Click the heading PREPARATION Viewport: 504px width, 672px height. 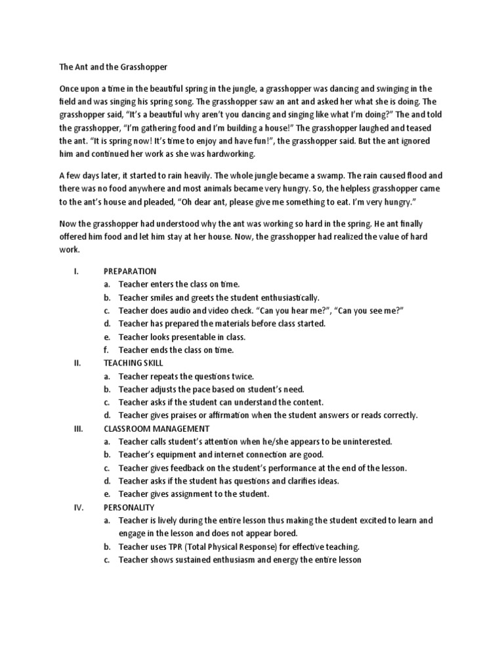pos(130,271)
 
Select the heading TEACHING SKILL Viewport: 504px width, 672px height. pos(134,363)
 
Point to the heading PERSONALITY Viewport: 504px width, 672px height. pos(129,507)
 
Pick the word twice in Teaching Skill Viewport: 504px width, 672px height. pos(241,376)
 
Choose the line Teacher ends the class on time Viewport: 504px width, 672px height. pos(176,350)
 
